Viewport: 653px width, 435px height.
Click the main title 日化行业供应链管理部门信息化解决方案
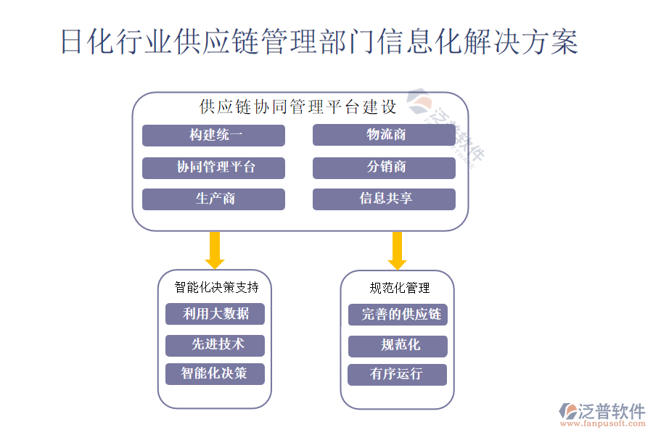pyautogui.click(x=319, y=42)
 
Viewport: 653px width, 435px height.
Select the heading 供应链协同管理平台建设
pyautogui.click(x=298, y=107)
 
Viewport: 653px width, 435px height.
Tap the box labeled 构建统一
pyautogui.click(x=213, y=136)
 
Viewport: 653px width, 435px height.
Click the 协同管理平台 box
pyautogui.click(x=213, y=167)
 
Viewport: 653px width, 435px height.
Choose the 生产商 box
pyautogui.click(x=213, y=199)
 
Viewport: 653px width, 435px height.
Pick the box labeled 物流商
pyautogui.click(x=384, y=136)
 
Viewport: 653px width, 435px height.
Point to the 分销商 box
pyautogui.click(x=384, y=167)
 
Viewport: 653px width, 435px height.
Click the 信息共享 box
pyautogui.click(x=384, y=199)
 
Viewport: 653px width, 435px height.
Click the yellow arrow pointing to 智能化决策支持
pyautogui.click(x=215, y=250)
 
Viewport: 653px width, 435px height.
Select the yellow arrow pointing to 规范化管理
pyautogui.click(x=397, y=250)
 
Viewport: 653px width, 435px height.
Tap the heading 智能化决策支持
pyautogui.click(x=216, y=287)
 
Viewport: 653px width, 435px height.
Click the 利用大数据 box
pyautogui.click(x=215, y=314)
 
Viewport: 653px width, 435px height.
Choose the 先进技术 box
pyautogui.click(x=215, y=345)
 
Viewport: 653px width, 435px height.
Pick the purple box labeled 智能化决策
pyautogui.click(x=215, y=374)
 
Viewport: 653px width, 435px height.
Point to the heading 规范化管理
pyautogui.click(x=400, y=288)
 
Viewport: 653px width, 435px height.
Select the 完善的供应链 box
pyautogui.click(x=398, y=315)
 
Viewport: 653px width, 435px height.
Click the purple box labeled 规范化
pyautogui.click(x=398, y=346)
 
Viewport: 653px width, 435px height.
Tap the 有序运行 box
pyautogui.click(x=398, y=375)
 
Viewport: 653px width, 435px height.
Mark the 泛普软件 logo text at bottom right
pyautogui.click(x=611, y=411)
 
